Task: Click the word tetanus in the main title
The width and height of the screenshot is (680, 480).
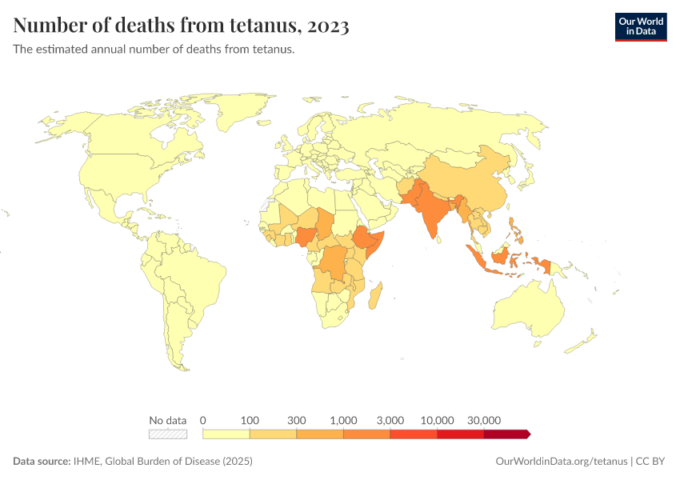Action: click(x=257, y=26)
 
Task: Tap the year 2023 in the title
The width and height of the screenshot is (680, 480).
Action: click(x=326, y=26)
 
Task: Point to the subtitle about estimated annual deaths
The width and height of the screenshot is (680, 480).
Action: click(x=154, y=50)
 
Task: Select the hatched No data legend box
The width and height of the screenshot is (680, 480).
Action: click(x=168, y=434)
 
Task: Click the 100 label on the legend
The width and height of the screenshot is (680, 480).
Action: click(x=250, y=420)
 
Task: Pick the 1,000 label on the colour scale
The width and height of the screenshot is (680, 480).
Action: click(x=343, y=420)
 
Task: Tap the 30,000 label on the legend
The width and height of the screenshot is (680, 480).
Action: click(x=484, y=420)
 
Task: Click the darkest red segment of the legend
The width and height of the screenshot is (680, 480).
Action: click(x=506, y=434)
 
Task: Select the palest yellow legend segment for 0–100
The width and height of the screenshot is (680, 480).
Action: click(x=226, y=434)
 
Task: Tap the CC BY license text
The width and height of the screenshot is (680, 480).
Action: click(x=651, y=462)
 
